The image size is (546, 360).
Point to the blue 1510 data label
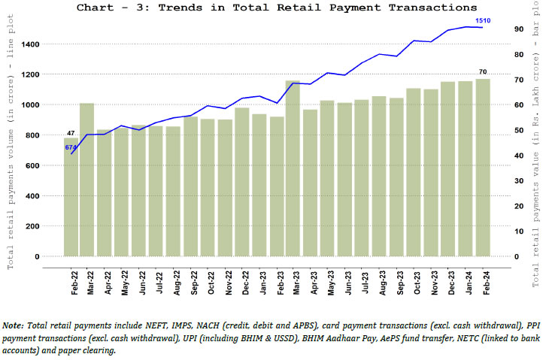[x=484, y=20]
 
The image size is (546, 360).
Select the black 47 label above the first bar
[x=71, y=133]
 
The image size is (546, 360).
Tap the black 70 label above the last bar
[x=483, y=72]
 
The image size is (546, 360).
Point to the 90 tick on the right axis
[x=519, y=29]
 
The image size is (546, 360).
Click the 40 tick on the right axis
[x=519, y=156]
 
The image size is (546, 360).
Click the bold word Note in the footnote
[x=12, y=326]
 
